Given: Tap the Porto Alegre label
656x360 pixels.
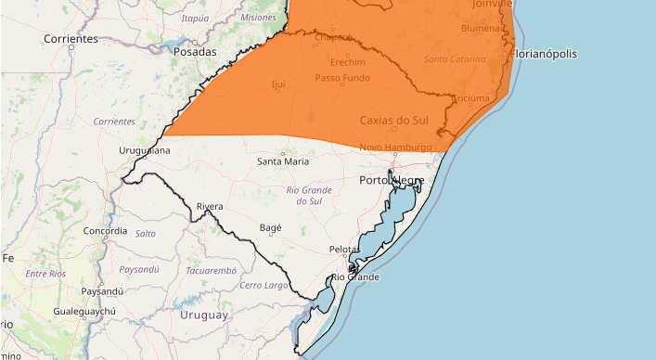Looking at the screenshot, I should [392, 180].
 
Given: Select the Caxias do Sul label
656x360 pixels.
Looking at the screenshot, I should [394, 121].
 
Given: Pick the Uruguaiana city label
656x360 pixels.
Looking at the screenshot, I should [145, 150].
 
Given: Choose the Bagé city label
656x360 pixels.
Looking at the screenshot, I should [271, 227].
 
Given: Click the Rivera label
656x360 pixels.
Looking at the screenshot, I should [210, 206].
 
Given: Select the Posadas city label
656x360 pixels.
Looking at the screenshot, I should [195, 52].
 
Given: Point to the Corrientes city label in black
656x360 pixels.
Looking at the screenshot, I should [71, 39].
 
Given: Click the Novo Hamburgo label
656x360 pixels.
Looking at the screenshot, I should [395, 148].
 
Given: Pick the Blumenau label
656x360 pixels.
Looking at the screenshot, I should [479, 29].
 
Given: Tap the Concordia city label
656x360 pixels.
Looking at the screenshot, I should [105, 230].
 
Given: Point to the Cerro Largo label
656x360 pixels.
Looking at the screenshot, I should [264, 285].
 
